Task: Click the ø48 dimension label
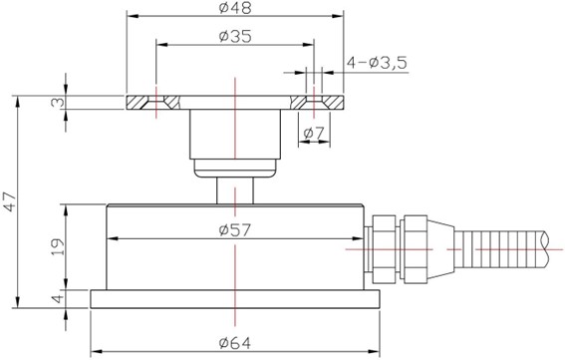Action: point(235,8)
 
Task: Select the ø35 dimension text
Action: point(235,37)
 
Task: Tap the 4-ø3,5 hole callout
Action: point(377,63)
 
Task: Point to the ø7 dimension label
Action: point(314,134)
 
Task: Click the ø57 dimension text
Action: point(235,230)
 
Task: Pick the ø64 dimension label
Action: point(235,343)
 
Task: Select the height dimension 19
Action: point(58,246)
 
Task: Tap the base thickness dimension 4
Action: point(58,299)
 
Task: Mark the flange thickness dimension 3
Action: point(58,103)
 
